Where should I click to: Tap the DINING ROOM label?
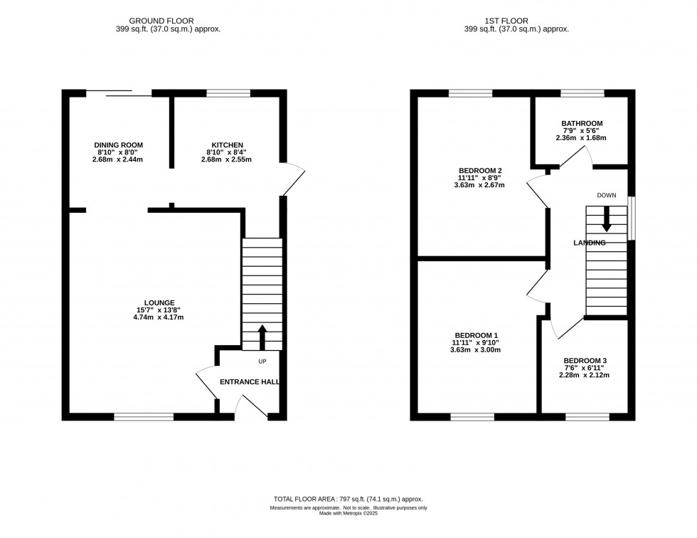117,144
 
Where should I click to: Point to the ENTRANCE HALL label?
249,382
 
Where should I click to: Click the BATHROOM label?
580,123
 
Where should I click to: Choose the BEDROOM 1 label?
477,335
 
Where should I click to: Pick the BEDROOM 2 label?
480,170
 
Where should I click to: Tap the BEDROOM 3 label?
585,361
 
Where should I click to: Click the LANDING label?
589,243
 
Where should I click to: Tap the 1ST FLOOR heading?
516,21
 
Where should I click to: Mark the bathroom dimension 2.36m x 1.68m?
580,138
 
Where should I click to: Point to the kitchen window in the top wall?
228,93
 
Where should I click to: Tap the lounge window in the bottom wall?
144,416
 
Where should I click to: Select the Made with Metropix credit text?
348,514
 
